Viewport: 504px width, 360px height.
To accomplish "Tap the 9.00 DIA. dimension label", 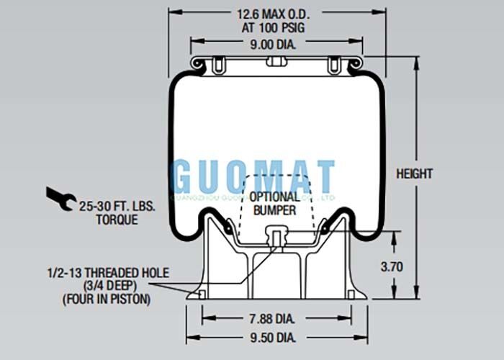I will (266, 43).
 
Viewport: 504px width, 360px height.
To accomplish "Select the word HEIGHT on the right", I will (415, 174).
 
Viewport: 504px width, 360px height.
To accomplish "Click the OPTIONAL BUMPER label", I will (275, 203).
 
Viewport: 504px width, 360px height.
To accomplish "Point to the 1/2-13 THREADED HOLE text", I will (108, 273).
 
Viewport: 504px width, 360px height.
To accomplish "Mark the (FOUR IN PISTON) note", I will (107, 298).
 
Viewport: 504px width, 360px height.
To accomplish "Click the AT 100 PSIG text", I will (266, 27).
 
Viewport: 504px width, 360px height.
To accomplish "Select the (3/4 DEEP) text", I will (107, 285).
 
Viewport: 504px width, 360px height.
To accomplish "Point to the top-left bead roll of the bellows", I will (199, 66).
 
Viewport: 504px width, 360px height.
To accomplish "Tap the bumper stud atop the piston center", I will (274, 235).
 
